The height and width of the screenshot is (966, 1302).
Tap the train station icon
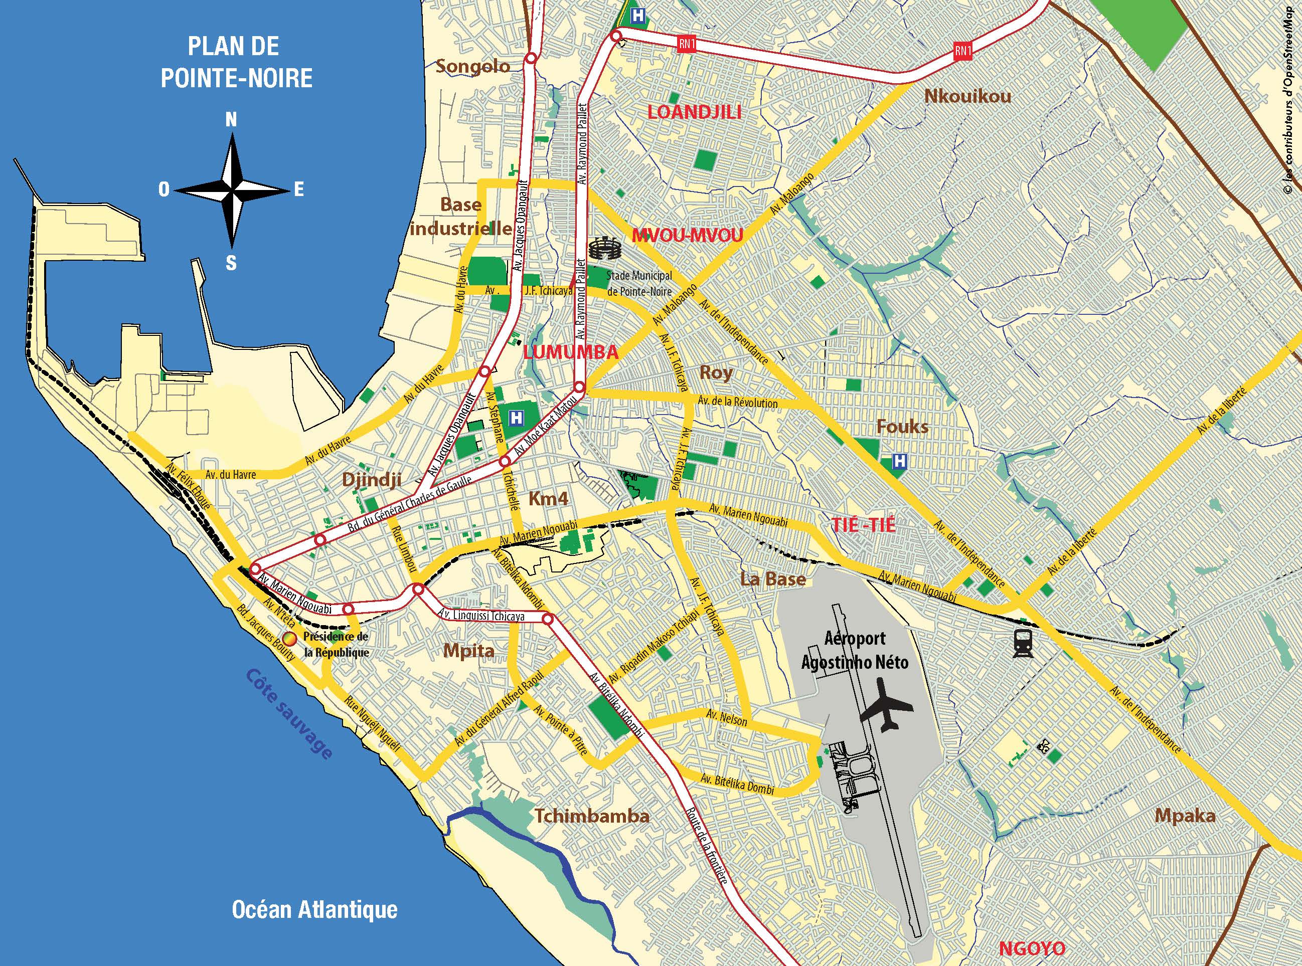click(1024, 644)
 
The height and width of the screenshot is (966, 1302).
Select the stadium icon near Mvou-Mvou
click(605, 249)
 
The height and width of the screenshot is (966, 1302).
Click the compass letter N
click(232, 120)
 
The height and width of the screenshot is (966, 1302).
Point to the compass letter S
click(232, 263)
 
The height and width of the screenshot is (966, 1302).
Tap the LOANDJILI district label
click(694, 112)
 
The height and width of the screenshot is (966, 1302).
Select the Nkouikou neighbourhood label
click(967, 96)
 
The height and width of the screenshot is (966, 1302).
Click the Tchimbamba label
click(592, 816)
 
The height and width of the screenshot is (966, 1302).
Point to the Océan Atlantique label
click(314, 909)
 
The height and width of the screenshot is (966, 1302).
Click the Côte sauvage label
click(289, 713)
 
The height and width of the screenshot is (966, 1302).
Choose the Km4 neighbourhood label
click(548, 498)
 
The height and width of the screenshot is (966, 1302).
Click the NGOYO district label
click(1032, 948)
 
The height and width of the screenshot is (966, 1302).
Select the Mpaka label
click(1185, 816)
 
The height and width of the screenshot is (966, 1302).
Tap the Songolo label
click(473, 66)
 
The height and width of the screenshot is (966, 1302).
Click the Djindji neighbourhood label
click(372, 480)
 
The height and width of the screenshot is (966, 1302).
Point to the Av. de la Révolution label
click(738, 403)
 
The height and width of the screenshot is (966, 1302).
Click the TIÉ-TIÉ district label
click(863, 524)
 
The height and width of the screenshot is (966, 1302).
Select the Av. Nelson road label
click(726, 717)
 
